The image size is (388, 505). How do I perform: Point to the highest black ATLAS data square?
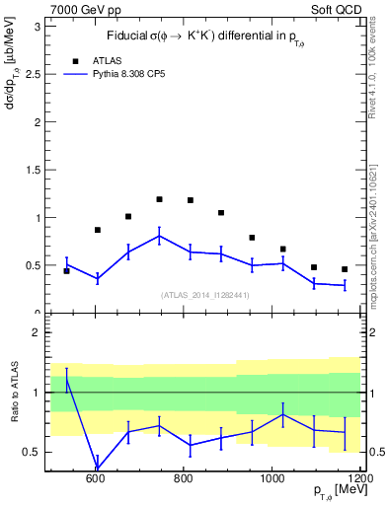click(159, 199)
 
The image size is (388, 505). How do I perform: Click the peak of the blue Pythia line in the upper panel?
click(159, 235)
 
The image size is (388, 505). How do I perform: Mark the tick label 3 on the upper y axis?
click(37, 27)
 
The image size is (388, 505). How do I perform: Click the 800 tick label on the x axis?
click(184, 478)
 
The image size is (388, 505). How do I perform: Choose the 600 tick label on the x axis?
click(96, 478)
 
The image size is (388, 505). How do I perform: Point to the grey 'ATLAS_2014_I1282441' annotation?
click(205, 294)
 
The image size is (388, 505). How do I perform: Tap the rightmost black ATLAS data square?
click(345, 269)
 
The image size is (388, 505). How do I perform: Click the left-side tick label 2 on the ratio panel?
click(37, 333)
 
